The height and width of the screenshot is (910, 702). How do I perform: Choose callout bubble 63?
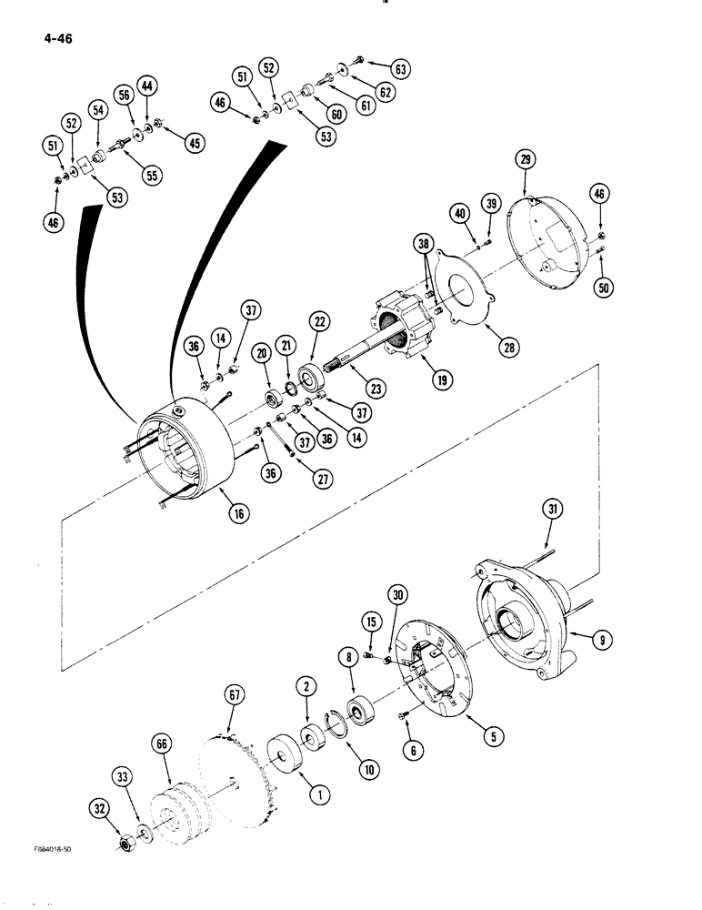[401, 68]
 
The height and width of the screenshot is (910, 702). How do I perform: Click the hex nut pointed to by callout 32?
[125, 842]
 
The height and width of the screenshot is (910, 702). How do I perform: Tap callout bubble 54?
[98, 109]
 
